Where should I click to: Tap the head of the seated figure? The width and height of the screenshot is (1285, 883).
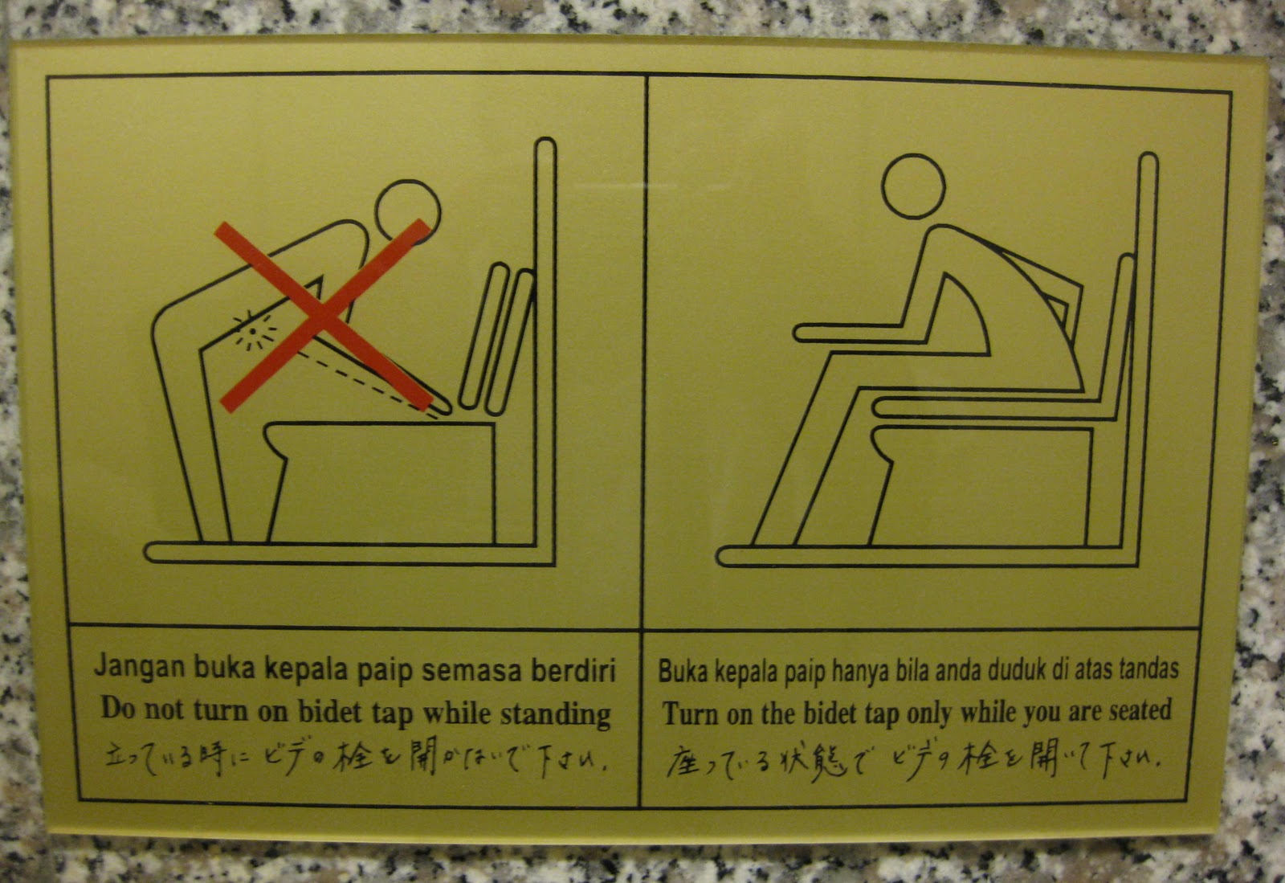click(913, 186)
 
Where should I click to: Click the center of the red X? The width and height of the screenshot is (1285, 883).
click(322, 316)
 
